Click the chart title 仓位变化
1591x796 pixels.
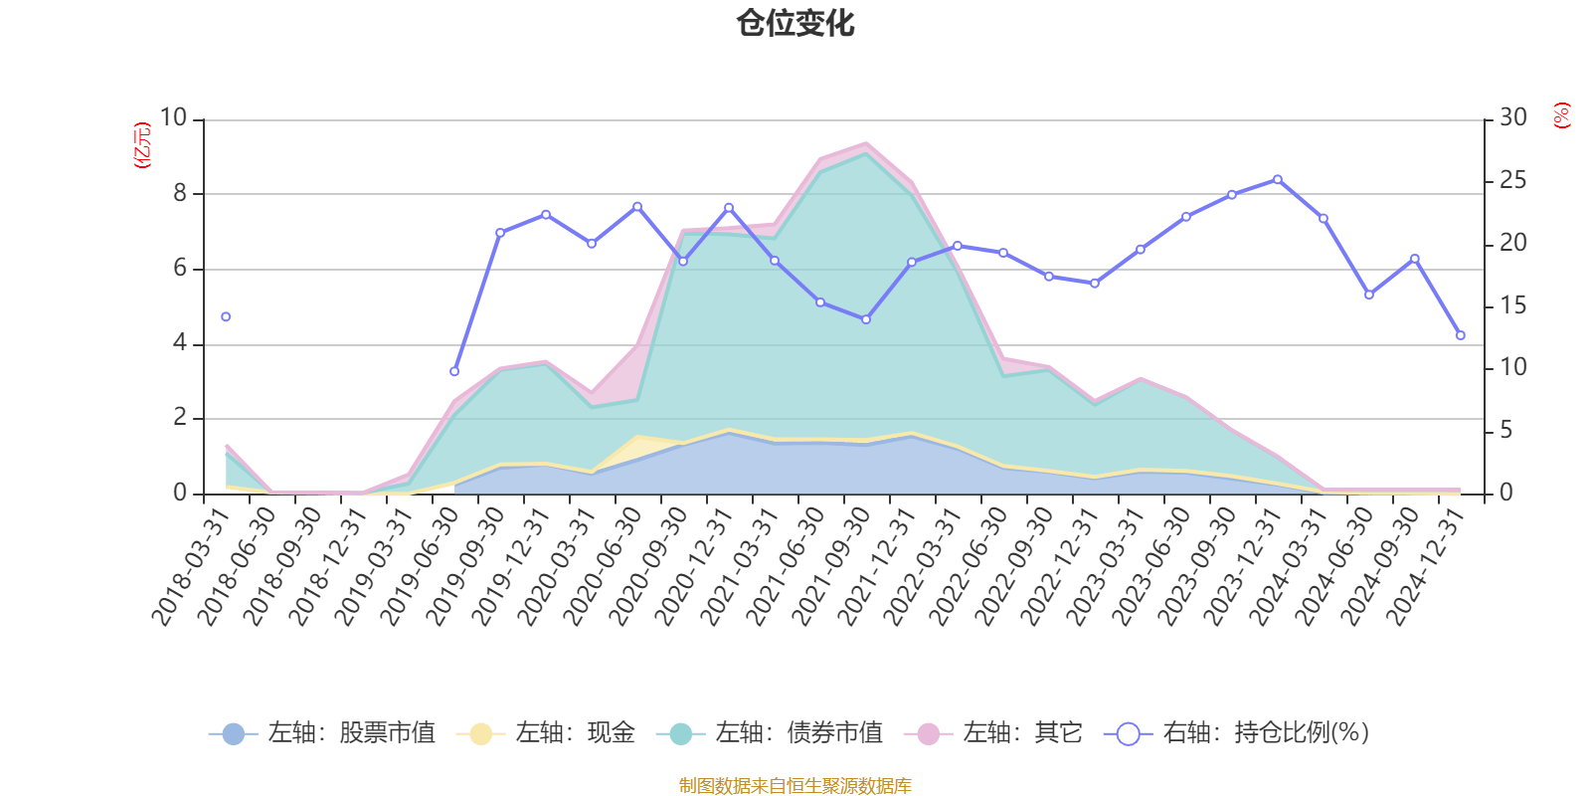795,23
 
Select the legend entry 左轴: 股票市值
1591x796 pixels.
322,734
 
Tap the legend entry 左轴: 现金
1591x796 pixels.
546,734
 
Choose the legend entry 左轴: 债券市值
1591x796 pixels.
770,734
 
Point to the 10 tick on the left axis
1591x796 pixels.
173,118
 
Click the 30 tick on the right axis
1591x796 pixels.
1513,118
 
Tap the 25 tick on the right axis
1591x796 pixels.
1513,181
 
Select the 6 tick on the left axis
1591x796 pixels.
180,269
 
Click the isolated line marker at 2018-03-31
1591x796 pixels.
226,316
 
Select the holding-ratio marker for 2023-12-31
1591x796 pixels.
1278,180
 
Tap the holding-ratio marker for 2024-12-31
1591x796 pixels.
1461,335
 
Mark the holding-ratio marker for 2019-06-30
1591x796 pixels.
454,372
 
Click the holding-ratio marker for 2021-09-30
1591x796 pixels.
866,319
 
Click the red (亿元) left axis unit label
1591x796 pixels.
142,145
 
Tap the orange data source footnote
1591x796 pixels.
795,786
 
